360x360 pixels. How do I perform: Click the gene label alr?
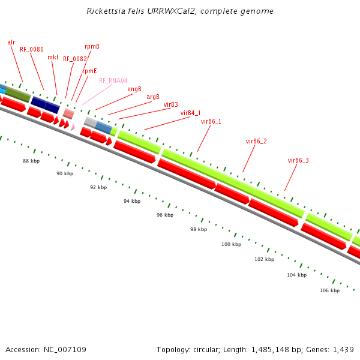pyautogui.click(x=11, y=42)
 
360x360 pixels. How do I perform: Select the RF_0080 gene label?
pyautogui.click(x=31, y=49)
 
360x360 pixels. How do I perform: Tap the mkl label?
pyautogui.click(x=53, y=57)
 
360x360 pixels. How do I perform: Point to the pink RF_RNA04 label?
pyautogui.click(x=113, y=80)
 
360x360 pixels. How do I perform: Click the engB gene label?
pyautogui.click(x=134, y=89)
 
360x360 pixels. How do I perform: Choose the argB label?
pyautogui.click(x=153, y=97)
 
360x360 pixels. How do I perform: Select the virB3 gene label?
pyautogui.click(x=170, y=104)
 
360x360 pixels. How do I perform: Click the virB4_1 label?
pyautogui.click(x=191, y=113)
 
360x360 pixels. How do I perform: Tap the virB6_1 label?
pyautogui.click(x=211, y=121)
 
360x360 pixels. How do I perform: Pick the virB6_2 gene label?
pyautogui.click(x=256, y=141)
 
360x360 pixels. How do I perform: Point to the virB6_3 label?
pyautogui.click(x=298, y=160)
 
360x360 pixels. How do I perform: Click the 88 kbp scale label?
pyautogui.click(x=31, y=161)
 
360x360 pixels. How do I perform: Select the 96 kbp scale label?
pyautogui.click(x=165, y=215)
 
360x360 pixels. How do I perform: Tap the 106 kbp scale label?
pyautogui.click(x=329, y=290)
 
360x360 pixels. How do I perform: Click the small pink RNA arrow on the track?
pyautogui.click(x=73, y=127)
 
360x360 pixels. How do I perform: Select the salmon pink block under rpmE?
pyautogui.click(x=68, y=113)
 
